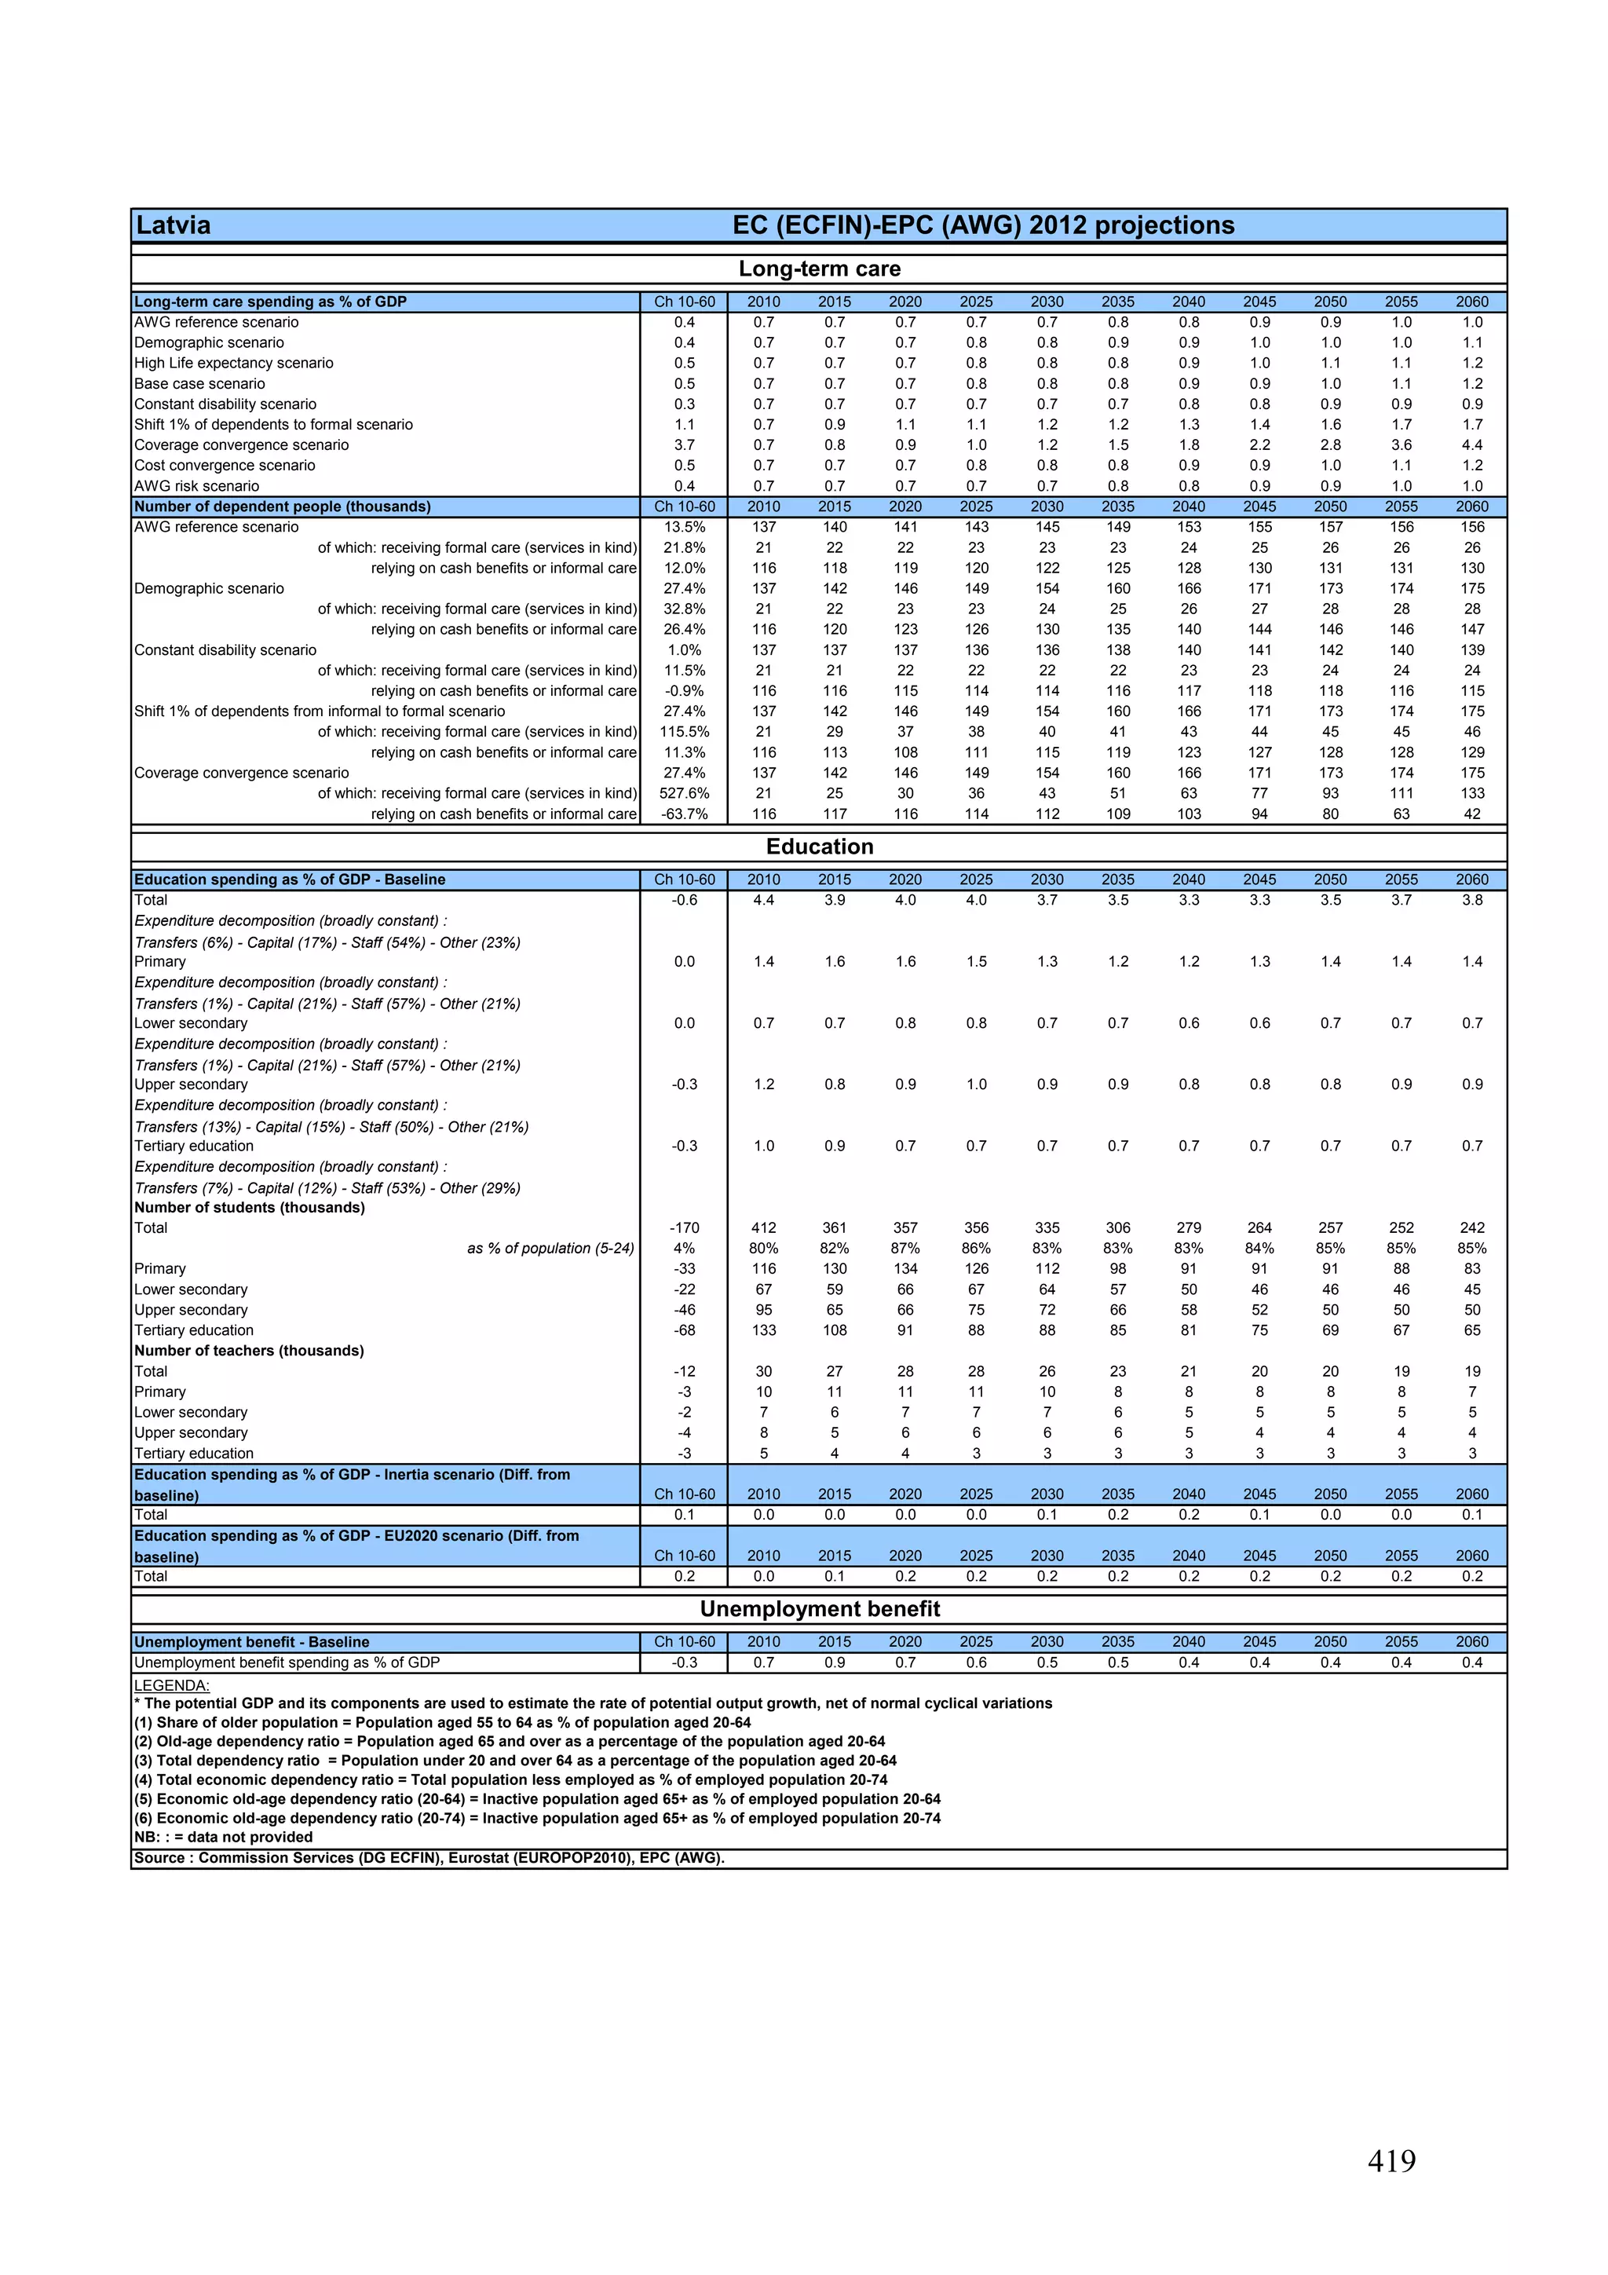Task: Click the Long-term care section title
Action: (820, 269)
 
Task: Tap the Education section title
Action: (820, 847)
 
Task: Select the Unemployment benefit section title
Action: (820, 1609)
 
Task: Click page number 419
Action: (1391, 2160)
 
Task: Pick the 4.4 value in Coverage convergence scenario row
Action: (1471, 445)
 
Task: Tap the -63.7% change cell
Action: (684, 814)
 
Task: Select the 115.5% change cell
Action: (684, 732)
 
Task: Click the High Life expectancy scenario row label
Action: (234, 363)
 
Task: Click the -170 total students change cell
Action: (684, 1227)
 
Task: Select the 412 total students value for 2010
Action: (763, 1227)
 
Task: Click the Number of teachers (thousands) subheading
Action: (249, 1351)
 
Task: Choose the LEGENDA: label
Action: (171, 1685)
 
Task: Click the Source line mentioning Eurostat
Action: (429, 1858)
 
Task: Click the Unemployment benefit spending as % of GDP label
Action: (287, 1662)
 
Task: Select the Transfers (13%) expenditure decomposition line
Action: (331, 1127)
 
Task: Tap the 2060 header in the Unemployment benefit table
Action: (1471, 1642)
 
